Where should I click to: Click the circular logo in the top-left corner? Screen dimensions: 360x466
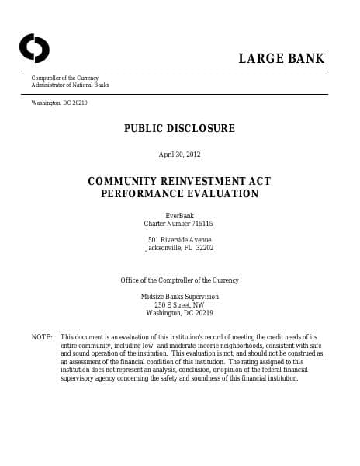pyautogui.click(x=34, y=48)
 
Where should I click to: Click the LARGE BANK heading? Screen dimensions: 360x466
pyautogui.click(x=282, y=59)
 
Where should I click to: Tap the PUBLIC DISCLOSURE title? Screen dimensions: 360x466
pyautogui.click(x=179, y=128)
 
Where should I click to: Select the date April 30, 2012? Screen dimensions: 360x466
pyautogui.click(x=179, y=155)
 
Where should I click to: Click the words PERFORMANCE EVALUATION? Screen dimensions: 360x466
pyautogui.click(x=179, y=193)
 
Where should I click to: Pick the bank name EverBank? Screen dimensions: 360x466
pyautogui.click(x=179, y=215)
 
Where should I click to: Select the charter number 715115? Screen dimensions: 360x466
pyautogui.click(x=202, y=224)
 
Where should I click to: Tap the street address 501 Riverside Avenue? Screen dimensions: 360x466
pyautogui.click(x=179, y=240)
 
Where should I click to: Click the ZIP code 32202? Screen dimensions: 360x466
pyautogui.click(x=205, y=249)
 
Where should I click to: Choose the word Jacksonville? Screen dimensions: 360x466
pyautogui.click(x=164, y=249)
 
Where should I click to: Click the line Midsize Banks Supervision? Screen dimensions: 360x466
pyautogui.click(x=179, y=297)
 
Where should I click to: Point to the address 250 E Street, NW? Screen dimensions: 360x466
pyautogui.click(x=179, y=305)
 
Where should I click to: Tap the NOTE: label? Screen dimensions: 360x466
pyautogui.click(x=41, y=337)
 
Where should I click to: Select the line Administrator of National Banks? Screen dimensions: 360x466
pyautogui.click(x=70, y=85)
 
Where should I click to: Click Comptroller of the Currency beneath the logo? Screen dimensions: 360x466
pyautogui.click(x=65, y=78)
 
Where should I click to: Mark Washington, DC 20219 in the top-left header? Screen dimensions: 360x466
pyautogui.click(x=59, y=103)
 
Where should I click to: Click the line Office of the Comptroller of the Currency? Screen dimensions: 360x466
pyautogui.click(x=179, y=280)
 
